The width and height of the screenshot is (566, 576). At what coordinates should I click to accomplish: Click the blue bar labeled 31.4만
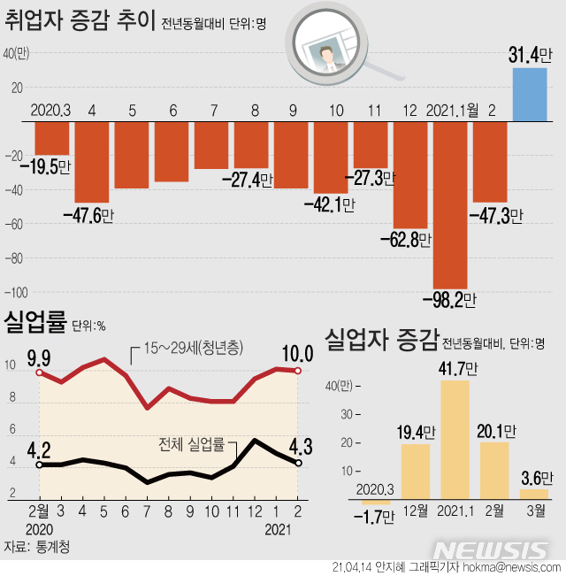point(529,94)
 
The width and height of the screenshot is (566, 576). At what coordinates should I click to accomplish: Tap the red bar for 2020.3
point(51,138)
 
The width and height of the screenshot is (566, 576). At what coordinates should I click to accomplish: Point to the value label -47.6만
point(88,213)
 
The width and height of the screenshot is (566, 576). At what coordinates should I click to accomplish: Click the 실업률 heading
point(34,322)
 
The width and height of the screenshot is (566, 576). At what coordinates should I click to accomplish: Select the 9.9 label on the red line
point(37,357)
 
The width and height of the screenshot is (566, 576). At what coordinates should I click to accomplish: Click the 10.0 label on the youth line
point(295,355)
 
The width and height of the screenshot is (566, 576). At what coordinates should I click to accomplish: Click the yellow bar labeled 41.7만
point(455,442)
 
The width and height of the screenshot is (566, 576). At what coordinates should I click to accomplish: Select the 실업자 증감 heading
point(380,339)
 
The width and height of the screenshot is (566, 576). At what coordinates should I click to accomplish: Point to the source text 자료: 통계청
point(37,546)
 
